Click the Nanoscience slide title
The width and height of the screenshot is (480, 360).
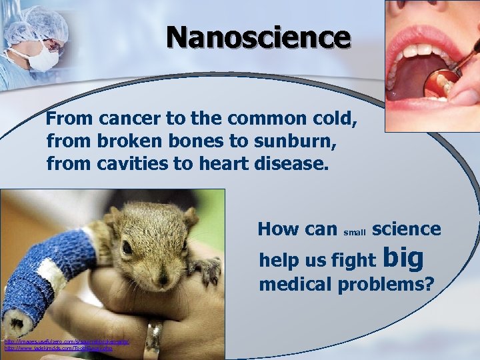click(x=258, y=37)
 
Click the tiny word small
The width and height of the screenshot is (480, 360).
click(x=355, y=233)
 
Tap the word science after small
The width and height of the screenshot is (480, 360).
click(x=406, y=229)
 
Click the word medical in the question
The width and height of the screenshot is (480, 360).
click(x=295, y=285)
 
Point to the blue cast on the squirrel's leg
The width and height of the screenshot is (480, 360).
click(x=47, y=267)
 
